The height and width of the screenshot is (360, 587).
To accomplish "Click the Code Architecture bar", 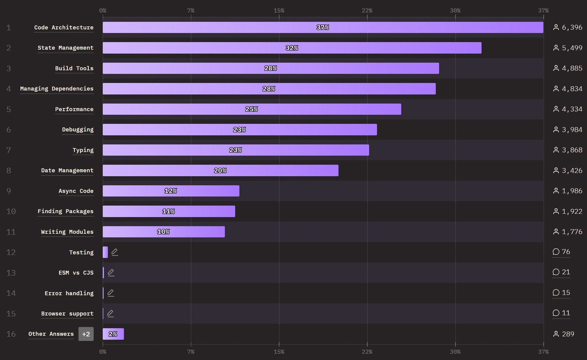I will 323,28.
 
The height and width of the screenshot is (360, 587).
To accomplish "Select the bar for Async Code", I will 171,191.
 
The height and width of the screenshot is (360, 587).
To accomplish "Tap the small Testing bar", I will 105,252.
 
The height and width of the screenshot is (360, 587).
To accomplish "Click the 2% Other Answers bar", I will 113,334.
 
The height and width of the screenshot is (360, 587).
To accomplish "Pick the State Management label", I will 65,48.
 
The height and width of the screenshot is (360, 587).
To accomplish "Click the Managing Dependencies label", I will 57,89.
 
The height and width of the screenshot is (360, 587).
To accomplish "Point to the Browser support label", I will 67,314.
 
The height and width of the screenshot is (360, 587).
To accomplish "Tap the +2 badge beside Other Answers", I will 86,334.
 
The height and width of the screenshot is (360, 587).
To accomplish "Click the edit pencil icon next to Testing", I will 115,252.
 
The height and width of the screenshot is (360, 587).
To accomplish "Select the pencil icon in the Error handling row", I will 111,293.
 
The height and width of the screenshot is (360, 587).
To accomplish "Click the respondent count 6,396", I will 572,28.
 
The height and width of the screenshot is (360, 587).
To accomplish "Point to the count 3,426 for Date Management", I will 572,171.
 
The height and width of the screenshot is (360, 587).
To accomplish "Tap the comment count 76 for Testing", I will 566,252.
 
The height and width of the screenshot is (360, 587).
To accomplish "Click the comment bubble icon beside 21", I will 556,272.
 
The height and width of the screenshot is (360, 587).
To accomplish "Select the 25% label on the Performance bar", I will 252,109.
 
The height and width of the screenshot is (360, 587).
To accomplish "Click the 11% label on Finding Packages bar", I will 168,211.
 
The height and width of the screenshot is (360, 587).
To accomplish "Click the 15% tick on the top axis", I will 279,11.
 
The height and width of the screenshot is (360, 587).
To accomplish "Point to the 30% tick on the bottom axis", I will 455,352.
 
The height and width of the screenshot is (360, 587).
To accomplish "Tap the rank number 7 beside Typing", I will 9,150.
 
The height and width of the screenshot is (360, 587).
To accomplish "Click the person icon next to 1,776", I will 556,232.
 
